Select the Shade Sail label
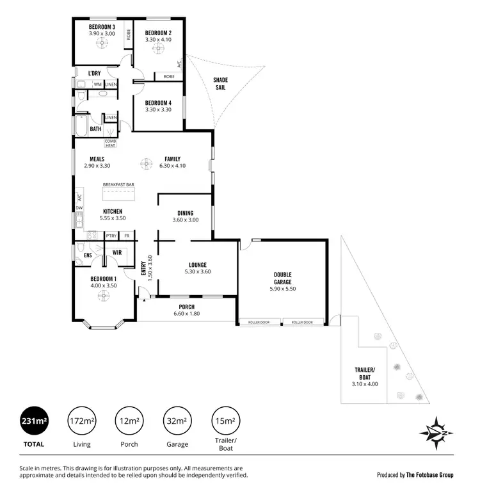(x=221, y=84)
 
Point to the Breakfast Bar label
(x=118, y=185)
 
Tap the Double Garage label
(x=282, y=278)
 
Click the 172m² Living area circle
(x=83, y=421)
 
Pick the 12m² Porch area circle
(x=130, y=421)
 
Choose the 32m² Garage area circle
(x=177, y=421)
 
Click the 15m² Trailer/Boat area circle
(x=225, y=421)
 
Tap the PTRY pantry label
(x=111, y=236)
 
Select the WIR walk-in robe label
(x=117, y=253)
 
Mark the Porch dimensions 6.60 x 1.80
(x=187, y=314)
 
